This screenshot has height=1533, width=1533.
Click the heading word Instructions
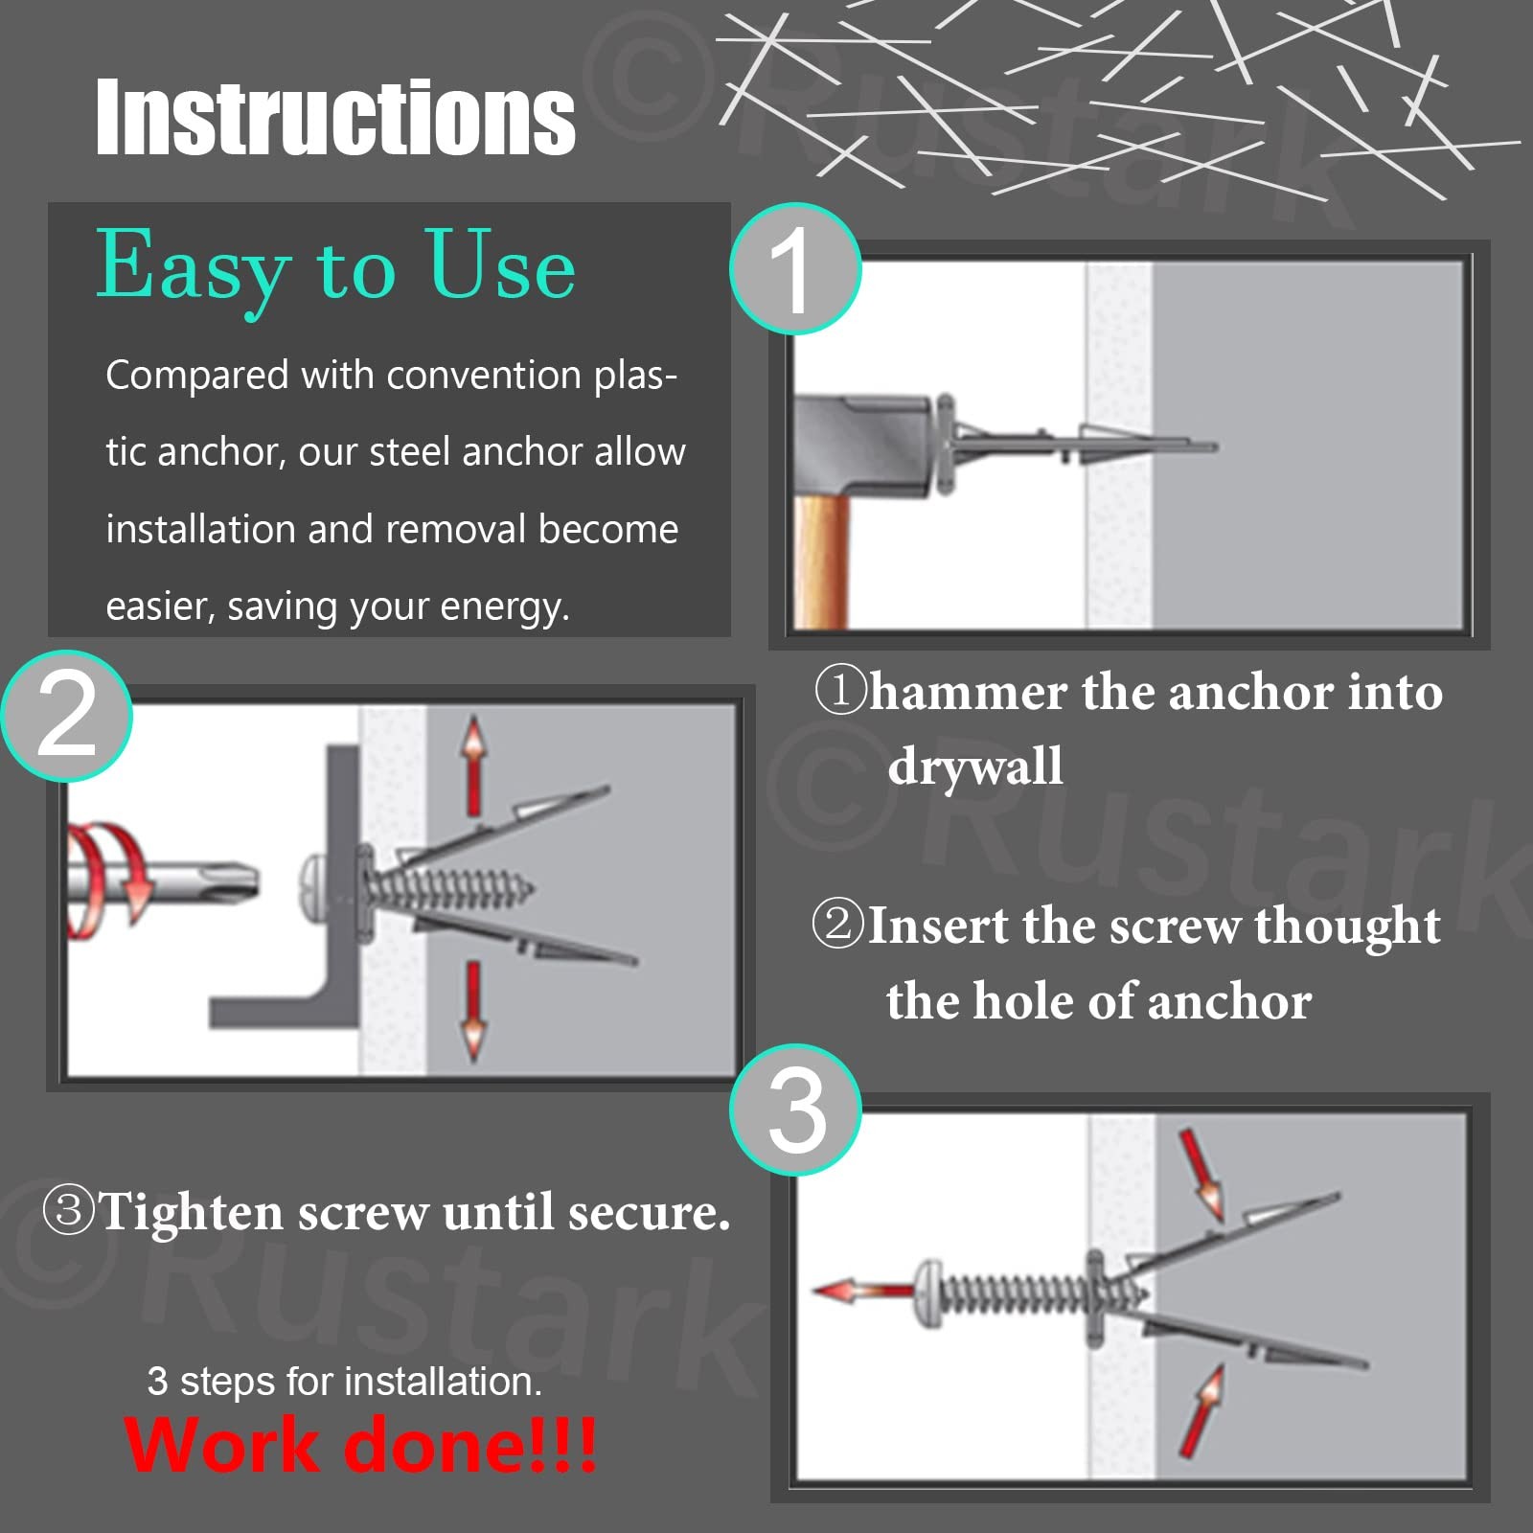pos(335,117)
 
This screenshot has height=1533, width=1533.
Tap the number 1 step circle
pos(795,269)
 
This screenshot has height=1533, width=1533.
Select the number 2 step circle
pos(66,716)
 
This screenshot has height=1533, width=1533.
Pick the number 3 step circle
pos(795,1110)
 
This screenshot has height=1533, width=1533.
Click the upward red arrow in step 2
pos(473,766)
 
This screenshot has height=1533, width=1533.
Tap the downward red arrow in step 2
pos(473,1011)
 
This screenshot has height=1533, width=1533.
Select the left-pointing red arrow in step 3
pos(863,1292)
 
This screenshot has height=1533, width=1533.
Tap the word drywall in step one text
pos(975,766)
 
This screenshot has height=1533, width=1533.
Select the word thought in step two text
pos(1347,926)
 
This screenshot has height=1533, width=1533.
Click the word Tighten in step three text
pos(191,1213)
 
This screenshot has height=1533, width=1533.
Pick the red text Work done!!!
pos(360,1445)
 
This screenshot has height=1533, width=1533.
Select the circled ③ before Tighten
pos(69,1209)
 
